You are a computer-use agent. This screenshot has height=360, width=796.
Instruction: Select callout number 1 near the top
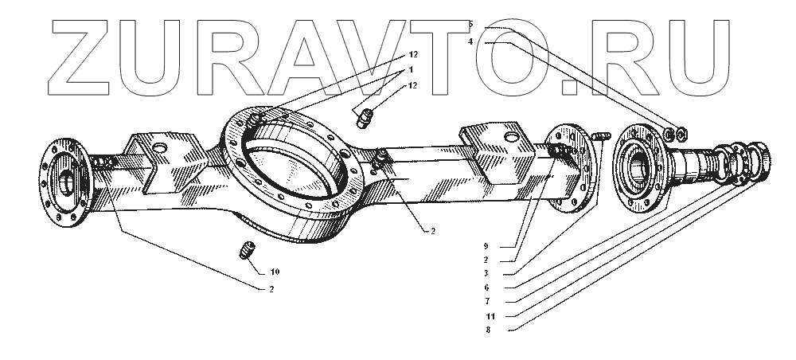coord(412,71)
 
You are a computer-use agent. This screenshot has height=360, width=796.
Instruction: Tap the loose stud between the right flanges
coord(602,139)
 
